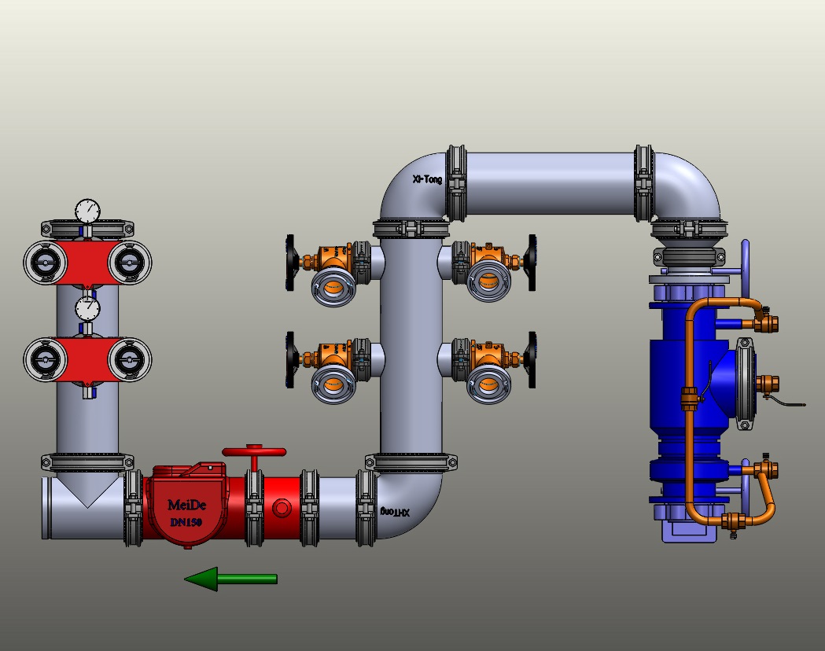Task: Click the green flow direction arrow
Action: tap(230, 579)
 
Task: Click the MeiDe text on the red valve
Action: tap(187, 505)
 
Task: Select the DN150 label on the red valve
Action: tap(187, 521)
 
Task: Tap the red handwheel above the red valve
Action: tap(253, 452)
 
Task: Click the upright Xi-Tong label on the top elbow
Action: tap(427, 179)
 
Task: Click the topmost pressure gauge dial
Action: tap(88, 211)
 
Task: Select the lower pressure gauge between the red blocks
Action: tap(88, 308)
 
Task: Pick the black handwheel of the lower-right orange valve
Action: tap(532, 359)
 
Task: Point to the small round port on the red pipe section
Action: tap(281, 508)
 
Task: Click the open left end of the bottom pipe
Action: tap(49, 508)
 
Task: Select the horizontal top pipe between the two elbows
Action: tap(551, 183)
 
